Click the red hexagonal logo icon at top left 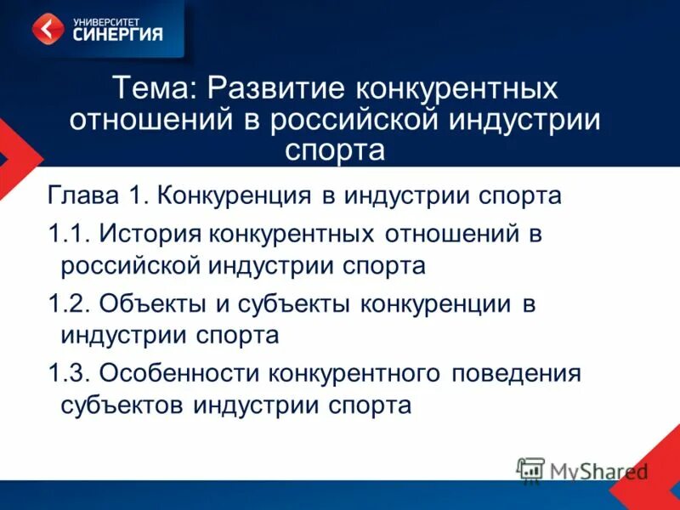(48, 28)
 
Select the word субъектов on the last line (123, 405)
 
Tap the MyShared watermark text (598, 470)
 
